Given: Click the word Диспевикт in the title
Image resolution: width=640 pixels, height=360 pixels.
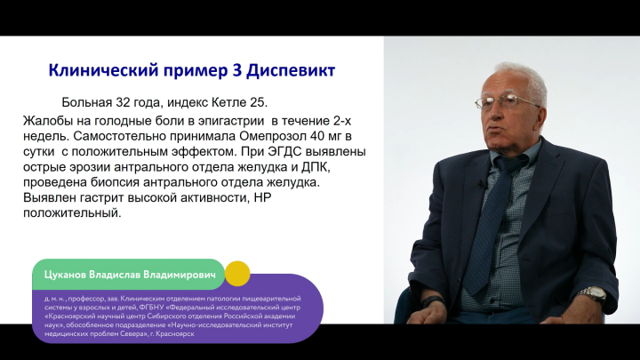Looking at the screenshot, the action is [291, 70].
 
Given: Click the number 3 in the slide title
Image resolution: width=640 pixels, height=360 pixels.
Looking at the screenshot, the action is [236, 70].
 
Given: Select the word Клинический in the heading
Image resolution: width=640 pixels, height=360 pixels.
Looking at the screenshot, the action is [104, 70].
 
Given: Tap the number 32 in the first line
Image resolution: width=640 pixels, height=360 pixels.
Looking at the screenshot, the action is [123, 102].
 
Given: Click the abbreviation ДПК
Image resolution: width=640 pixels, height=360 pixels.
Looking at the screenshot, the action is [315, 167].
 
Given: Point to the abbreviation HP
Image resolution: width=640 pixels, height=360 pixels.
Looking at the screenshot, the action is [263, 197].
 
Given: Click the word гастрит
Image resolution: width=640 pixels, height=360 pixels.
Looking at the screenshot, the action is [101, 197].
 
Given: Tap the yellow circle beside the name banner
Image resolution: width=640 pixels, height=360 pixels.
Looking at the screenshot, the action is [237, 274].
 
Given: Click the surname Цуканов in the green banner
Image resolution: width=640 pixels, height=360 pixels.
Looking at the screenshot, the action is [65, 275].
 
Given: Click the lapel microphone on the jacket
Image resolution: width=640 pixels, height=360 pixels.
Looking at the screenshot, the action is [482, 184].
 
